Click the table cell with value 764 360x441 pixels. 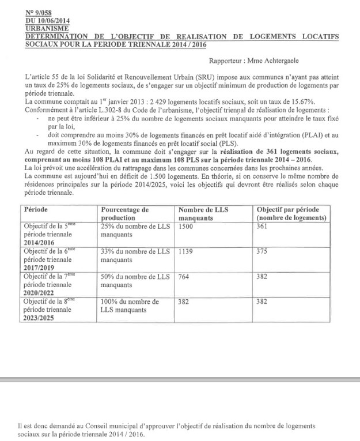[184, 277]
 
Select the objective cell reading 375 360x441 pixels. [262, 252]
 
